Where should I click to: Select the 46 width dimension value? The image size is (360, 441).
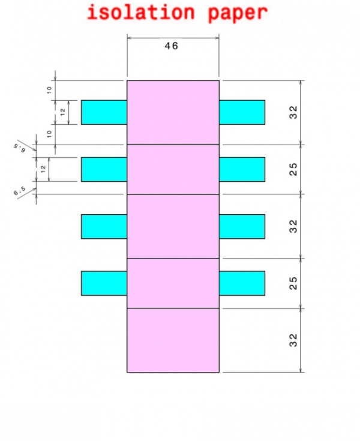point(172,46)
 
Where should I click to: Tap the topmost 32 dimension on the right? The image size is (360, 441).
point(293,112)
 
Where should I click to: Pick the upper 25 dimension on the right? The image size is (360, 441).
point(293,169)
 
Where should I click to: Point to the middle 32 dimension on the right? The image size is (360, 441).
point(293,226)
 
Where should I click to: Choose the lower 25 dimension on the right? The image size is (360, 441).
point(293,283)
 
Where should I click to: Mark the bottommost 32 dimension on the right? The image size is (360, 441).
point(293,340)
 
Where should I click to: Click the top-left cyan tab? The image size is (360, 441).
point(104,112)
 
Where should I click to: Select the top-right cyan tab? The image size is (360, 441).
point(242,112)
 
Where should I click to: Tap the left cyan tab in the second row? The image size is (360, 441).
point(104,169)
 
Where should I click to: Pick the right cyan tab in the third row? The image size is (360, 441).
point(242,226)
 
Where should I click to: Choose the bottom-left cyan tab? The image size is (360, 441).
point(104,283)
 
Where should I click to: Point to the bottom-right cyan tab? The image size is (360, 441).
point(242,283)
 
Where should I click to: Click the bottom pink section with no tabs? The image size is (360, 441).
point(173,340)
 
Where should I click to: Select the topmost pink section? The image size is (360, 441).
point(173,112)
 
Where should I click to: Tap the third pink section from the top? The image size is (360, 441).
point(173,226)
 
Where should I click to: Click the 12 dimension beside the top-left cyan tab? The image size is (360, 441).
point(63,112)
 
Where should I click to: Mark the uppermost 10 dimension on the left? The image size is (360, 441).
point(50,90)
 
